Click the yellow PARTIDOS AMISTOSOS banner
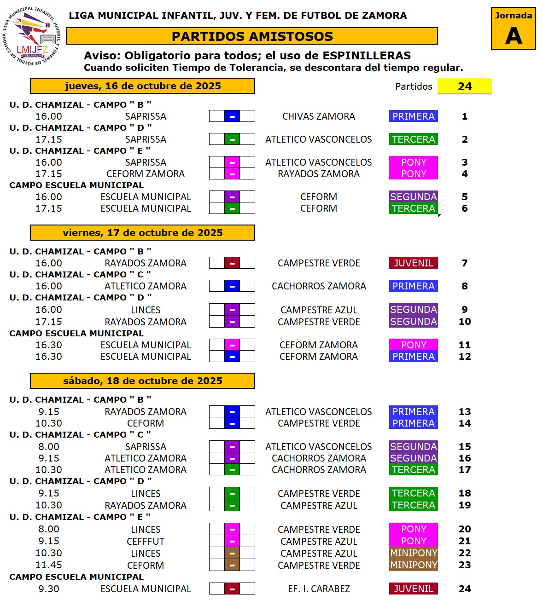252,36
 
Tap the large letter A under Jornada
513,36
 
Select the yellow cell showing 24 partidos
464,86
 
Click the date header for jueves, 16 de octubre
142,86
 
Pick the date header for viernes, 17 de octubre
142,233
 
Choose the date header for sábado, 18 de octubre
142,381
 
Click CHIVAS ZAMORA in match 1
318,116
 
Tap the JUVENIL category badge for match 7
413,263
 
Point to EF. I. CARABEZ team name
318,589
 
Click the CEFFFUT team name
146,542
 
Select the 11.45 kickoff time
49,565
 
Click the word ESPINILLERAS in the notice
366,56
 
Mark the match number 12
464,357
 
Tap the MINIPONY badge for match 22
413,553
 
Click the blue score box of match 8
232,286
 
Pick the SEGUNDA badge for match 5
413,197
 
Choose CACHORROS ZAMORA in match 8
318,286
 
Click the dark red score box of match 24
232,589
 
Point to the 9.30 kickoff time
49,589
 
